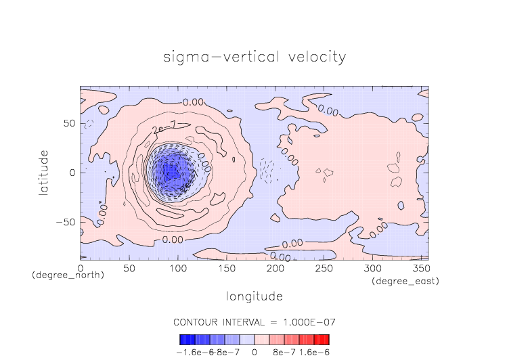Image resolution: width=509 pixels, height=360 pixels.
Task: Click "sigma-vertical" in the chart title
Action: point(214,57)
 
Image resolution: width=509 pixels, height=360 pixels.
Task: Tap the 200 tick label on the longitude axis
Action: point(273,269)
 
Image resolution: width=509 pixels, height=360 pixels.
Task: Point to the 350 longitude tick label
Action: point(419,269)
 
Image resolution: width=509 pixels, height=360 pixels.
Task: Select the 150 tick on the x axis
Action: point(225,269)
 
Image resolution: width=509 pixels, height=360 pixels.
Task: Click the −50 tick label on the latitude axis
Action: point(66,222)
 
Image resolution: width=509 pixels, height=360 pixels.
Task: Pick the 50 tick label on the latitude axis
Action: point(70,124)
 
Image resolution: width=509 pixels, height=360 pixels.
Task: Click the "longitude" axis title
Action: point(254,296)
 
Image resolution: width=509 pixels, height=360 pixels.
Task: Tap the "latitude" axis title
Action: point(44,173)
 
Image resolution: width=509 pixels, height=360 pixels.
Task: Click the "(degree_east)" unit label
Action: point(404,280)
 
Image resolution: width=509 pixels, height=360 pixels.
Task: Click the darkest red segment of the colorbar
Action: point(326,339)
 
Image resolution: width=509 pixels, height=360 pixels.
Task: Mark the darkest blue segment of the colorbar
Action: point(183,339)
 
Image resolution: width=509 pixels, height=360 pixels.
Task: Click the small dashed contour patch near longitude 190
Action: point(268,170)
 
